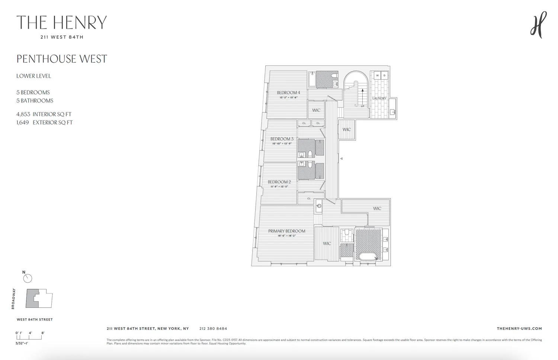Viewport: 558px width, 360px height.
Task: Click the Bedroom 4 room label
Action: [288, 93]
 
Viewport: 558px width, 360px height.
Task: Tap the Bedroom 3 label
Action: [282, 139]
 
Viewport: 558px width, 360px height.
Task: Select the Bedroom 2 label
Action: [279, 182]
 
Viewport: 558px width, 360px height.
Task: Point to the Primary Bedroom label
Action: [286, 231]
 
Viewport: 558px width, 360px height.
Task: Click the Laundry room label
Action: [379, 98]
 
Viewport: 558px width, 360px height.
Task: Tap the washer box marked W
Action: [377, 76]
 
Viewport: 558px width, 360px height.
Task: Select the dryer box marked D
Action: [384, 76]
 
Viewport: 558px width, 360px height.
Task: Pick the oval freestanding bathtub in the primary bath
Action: [368, 257]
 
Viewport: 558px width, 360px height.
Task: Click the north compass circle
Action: [28, 278]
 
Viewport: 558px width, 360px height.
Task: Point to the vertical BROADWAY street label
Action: [13, 299]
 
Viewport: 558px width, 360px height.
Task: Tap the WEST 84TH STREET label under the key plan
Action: [35, 319]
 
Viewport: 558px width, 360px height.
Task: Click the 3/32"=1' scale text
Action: [22, 343]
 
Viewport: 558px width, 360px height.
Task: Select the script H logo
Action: [538, 25]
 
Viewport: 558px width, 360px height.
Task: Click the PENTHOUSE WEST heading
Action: [62, 59]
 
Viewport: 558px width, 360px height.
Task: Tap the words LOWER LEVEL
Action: [33, 76]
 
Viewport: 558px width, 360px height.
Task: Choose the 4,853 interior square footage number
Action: [23, 114]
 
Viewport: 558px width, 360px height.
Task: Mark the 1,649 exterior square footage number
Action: [23, 122]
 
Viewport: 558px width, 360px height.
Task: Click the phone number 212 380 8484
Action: [213, 329]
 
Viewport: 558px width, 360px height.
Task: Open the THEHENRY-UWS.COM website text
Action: [519, 329]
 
